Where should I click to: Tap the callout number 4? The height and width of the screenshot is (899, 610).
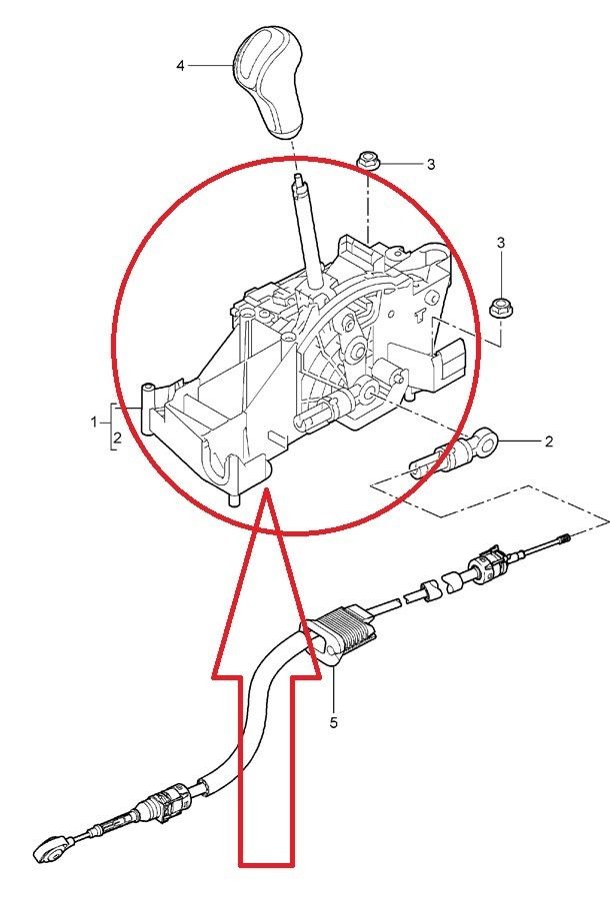[x=180, y=66]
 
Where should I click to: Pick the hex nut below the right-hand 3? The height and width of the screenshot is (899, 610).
[x=501, y=308]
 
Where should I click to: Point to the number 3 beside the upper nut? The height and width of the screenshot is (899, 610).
[x=431, y=165]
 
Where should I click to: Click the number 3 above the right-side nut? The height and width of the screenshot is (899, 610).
[x=501, y=243]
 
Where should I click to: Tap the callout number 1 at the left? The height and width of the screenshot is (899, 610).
[x=94, y=423]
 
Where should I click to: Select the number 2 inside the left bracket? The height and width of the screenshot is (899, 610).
[x=117, y=439]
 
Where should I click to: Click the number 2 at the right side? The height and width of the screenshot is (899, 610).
[x=549, y=442]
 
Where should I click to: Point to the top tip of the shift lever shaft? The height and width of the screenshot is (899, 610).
[x=297, y=176]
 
